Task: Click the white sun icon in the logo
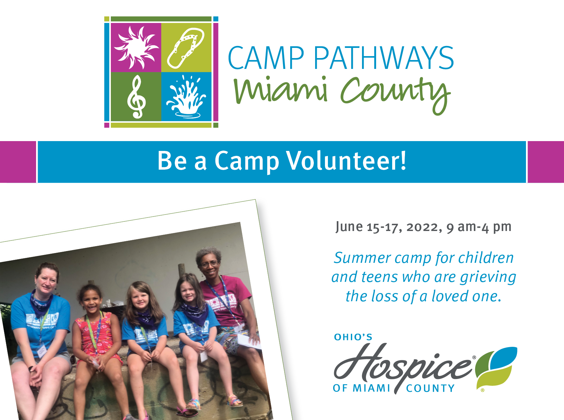pos(136,48)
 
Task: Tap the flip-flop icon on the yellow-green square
pos(186,48)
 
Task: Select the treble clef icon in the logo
pos(136,97)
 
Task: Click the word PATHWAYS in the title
pos(383,58)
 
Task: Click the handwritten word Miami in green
pos(280,90)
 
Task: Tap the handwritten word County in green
pos(395,94)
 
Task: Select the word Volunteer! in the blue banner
pos(346,161)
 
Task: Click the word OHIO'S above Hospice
pos(353,337)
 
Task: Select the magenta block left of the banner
pos(18,162)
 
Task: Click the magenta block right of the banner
pos(546,162)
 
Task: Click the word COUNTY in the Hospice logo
pos(430,388)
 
